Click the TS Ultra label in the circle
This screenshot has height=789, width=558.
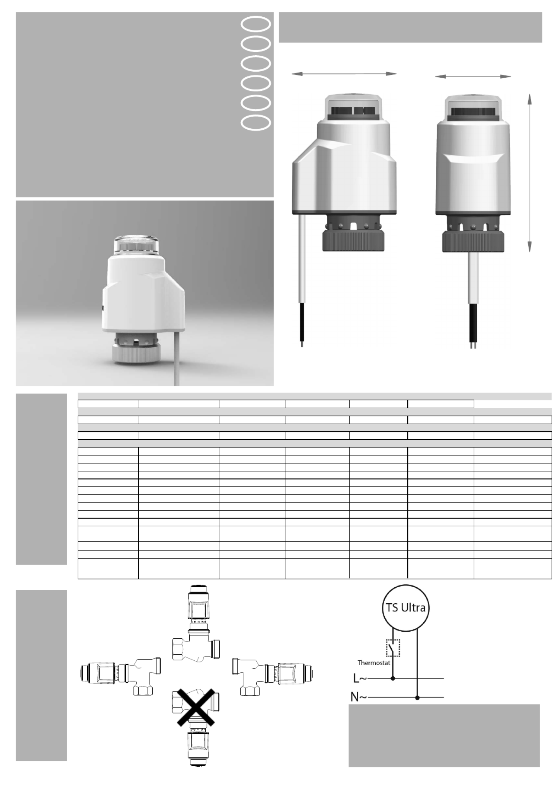(406, 608)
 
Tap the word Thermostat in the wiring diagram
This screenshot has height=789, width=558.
(374, 662)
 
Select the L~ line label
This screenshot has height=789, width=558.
(360, 678)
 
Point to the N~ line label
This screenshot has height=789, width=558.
(359, 697)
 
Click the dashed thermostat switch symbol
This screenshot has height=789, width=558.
(393, 648)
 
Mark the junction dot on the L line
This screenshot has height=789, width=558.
(393, 678)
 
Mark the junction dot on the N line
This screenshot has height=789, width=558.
(418, 698)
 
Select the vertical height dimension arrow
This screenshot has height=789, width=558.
(529, 173)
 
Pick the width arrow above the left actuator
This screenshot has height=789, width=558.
(344, 73)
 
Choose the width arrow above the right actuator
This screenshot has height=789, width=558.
(473, 76)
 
